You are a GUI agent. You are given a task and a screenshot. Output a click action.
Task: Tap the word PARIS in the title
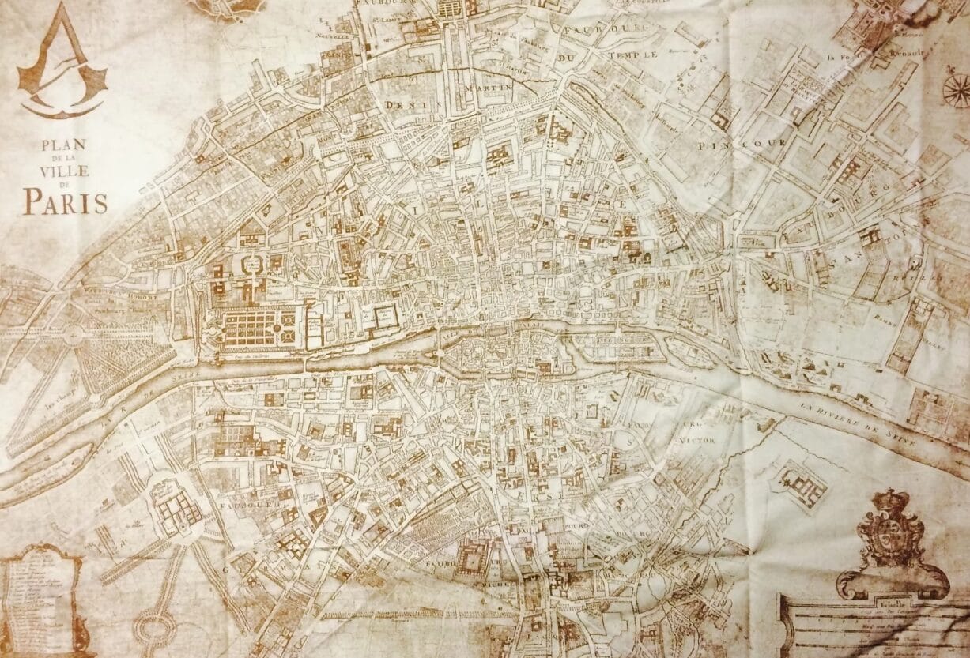[x=65, y=202]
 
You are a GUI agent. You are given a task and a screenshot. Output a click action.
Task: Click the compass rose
[x=956, y=91]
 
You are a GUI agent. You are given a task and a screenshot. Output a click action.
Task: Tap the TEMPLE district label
[x=628, y=55]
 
